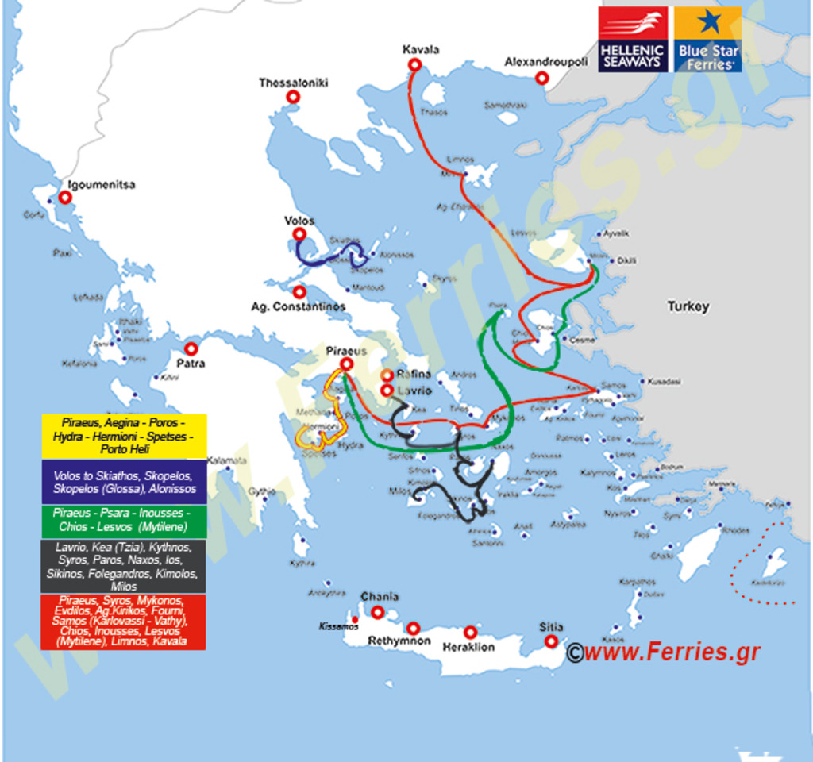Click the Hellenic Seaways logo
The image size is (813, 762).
tap(633, 39)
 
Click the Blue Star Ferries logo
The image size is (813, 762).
tap(708, 39)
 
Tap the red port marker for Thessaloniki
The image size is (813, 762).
tap(293, 97)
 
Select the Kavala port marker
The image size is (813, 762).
tap(414, 64)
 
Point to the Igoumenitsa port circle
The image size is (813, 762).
tap(65, 198)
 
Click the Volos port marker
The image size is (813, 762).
tap(299, 234)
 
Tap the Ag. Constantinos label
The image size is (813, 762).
tap(299, 306)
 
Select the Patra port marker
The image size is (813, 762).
tap(191, 348)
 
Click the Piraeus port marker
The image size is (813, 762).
tap(346, 364)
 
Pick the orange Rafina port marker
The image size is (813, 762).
tap(387, 375)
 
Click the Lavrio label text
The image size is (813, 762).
tap(414, 391)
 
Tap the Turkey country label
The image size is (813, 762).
tap(688, 306)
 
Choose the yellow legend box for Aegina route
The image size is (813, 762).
tap(123, 436)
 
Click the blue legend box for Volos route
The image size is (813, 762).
tap(123, 482)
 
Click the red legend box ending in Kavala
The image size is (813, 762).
tap(123, 622)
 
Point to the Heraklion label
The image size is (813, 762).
tap(468, 647)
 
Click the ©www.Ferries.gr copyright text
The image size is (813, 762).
tap(663, 652)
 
